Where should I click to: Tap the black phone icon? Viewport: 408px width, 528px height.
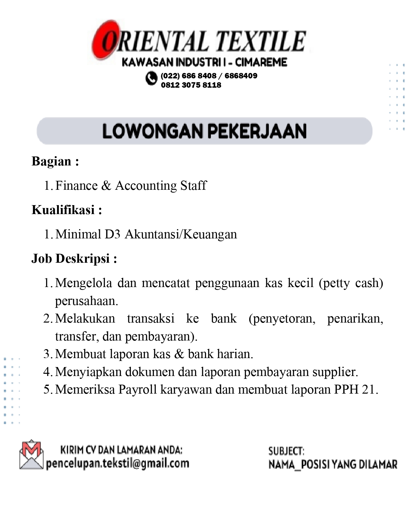[151, 78]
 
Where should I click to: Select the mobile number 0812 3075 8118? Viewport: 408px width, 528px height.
[191, 85]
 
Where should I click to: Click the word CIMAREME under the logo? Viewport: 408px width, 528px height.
[261, 62]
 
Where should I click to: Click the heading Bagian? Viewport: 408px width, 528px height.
[52, 161]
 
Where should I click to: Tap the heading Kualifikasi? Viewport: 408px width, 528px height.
[63, 210]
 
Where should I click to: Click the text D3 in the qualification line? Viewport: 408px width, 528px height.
[112, 234]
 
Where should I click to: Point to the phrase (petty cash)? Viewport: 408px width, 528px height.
[351, 283]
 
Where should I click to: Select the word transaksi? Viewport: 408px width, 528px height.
[151, 319]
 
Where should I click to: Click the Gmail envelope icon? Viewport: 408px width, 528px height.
[31, 455]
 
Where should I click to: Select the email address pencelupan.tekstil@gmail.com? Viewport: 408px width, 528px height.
[118, 464]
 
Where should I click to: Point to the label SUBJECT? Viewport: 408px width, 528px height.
[286, 451]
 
